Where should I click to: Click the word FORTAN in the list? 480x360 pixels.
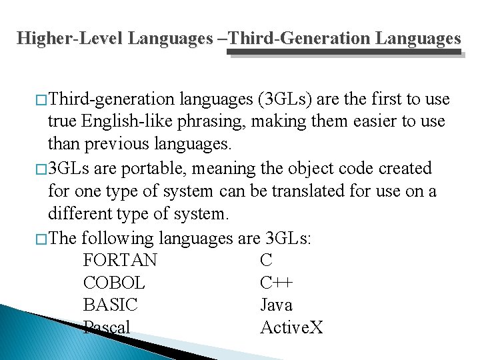(x=120, y=260)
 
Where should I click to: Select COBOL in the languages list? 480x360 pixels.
(x=114, y=283)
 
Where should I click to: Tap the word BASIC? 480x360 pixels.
(x=111, y=305)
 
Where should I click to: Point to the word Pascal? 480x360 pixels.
(x=107, y=327)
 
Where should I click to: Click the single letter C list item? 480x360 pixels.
(x=266, y=260)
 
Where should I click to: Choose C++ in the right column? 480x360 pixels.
(x=277, y=283)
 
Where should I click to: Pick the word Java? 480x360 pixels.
(x=276, y=305)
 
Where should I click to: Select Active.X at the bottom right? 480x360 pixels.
(x=291, y=327)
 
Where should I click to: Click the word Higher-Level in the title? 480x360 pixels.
(x=70, y=38)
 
